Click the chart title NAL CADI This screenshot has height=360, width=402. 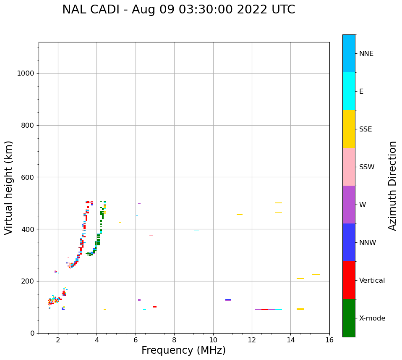(x=178, y=10)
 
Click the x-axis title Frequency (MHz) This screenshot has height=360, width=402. (x=183, y=350)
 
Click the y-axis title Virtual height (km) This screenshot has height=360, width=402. (x=9, y=188)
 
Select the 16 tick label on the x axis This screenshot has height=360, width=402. (x=329, y=340)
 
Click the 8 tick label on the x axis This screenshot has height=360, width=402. (x=174, y=340)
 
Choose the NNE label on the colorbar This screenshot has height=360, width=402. (x=366, y=54)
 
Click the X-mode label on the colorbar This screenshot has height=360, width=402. (x=372, y=318)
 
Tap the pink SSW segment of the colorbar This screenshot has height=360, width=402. (x=349, y=167)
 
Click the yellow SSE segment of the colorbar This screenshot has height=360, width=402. (x=349, y=129)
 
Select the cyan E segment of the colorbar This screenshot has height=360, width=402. (x=349, y=91)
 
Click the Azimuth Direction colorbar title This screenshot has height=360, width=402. (x=392, y=186)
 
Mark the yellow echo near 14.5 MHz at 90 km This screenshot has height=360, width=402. (x=300, y=309)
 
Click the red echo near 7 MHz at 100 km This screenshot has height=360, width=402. (x=155, y=307)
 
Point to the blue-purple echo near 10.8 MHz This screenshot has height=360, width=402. (x=228, y=300)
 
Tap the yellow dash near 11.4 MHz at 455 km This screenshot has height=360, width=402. (x=240, y=215)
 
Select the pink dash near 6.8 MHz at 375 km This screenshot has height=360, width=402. (x=151, y=236)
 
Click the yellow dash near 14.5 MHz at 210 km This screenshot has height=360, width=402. (x=300, y=279)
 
